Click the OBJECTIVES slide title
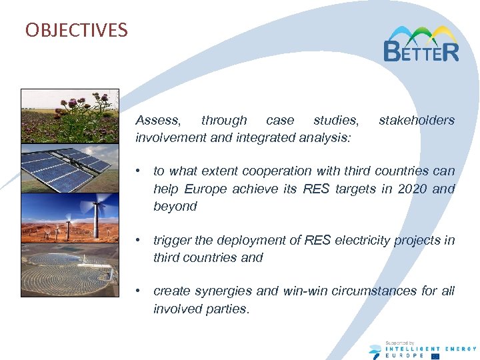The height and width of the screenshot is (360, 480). click(76, 31)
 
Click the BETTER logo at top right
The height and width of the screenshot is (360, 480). click(421, 44)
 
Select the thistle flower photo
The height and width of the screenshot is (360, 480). click(70, 116)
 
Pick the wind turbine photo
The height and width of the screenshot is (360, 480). click(70, 218)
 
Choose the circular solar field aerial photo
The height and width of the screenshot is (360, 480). click(70, 269)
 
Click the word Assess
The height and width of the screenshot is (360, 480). click(157, 121)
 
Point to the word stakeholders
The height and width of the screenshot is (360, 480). click(416, 121)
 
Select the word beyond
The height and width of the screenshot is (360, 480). click(175, 206)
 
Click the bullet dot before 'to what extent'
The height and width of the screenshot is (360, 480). click(137, 171)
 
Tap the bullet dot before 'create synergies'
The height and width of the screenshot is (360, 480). click(137, 291)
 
